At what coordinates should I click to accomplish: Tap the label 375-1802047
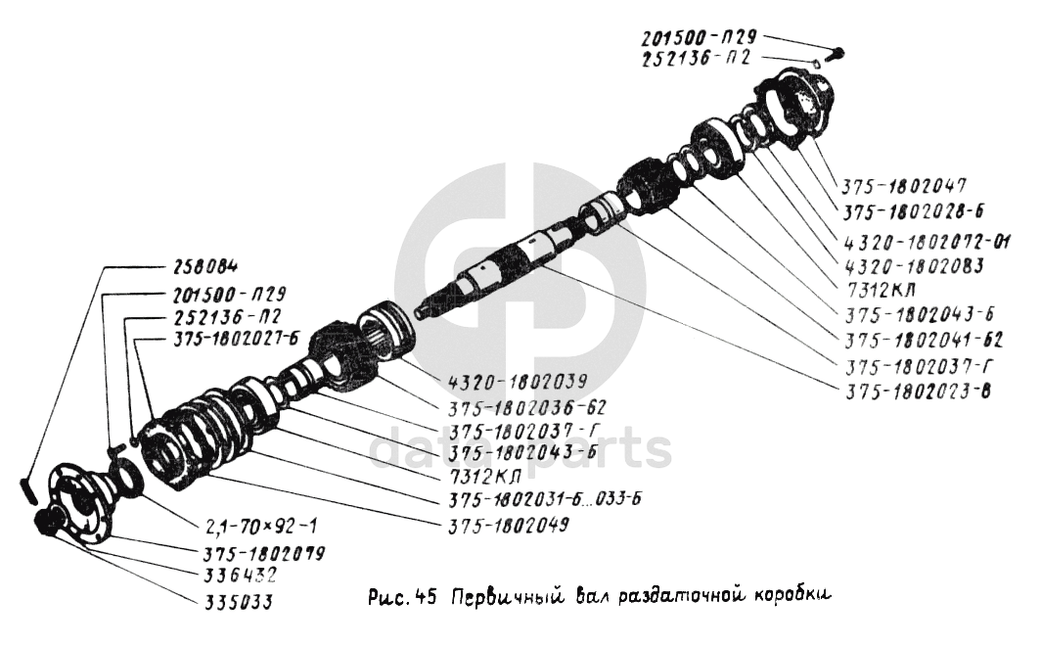click(900, 184)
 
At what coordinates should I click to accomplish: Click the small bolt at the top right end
click(839, 54)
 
